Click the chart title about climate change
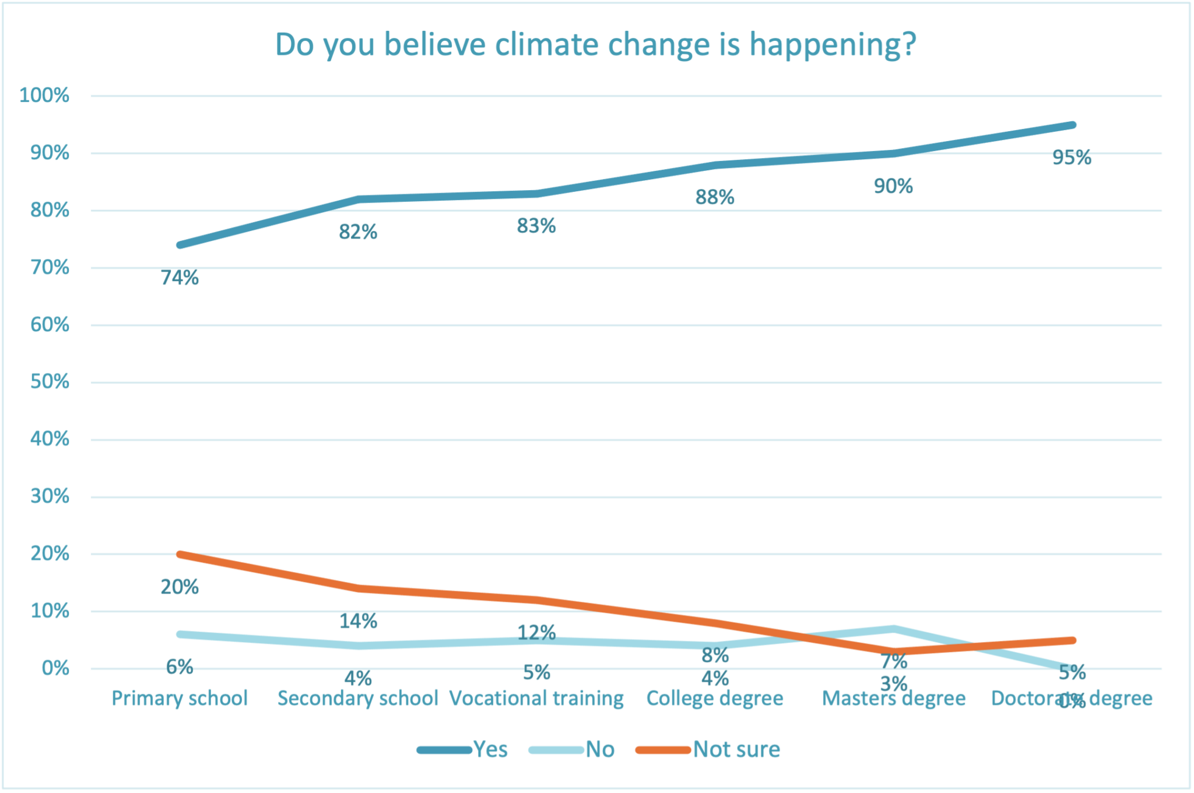tap(595, 44)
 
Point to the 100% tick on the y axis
tap(44, 95)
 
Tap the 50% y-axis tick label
tap(50, 382)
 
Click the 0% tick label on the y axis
tap(55, 668)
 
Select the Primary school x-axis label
tap(180, 698)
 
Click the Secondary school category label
tap(357, 698)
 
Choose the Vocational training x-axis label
tap(536, 698)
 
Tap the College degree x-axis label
tap(715, 698)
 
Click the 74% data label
tap(180, 278)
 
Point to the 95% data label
tap(1072, 158)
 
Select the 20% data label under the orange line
tap(180, 587)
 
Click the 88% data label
tap(715, 198)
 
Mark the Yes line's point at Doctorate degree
tap(1072, 125)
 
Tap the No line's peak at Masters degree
tap(893, 629)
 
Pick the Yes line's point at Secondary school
tap(358, 199)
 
